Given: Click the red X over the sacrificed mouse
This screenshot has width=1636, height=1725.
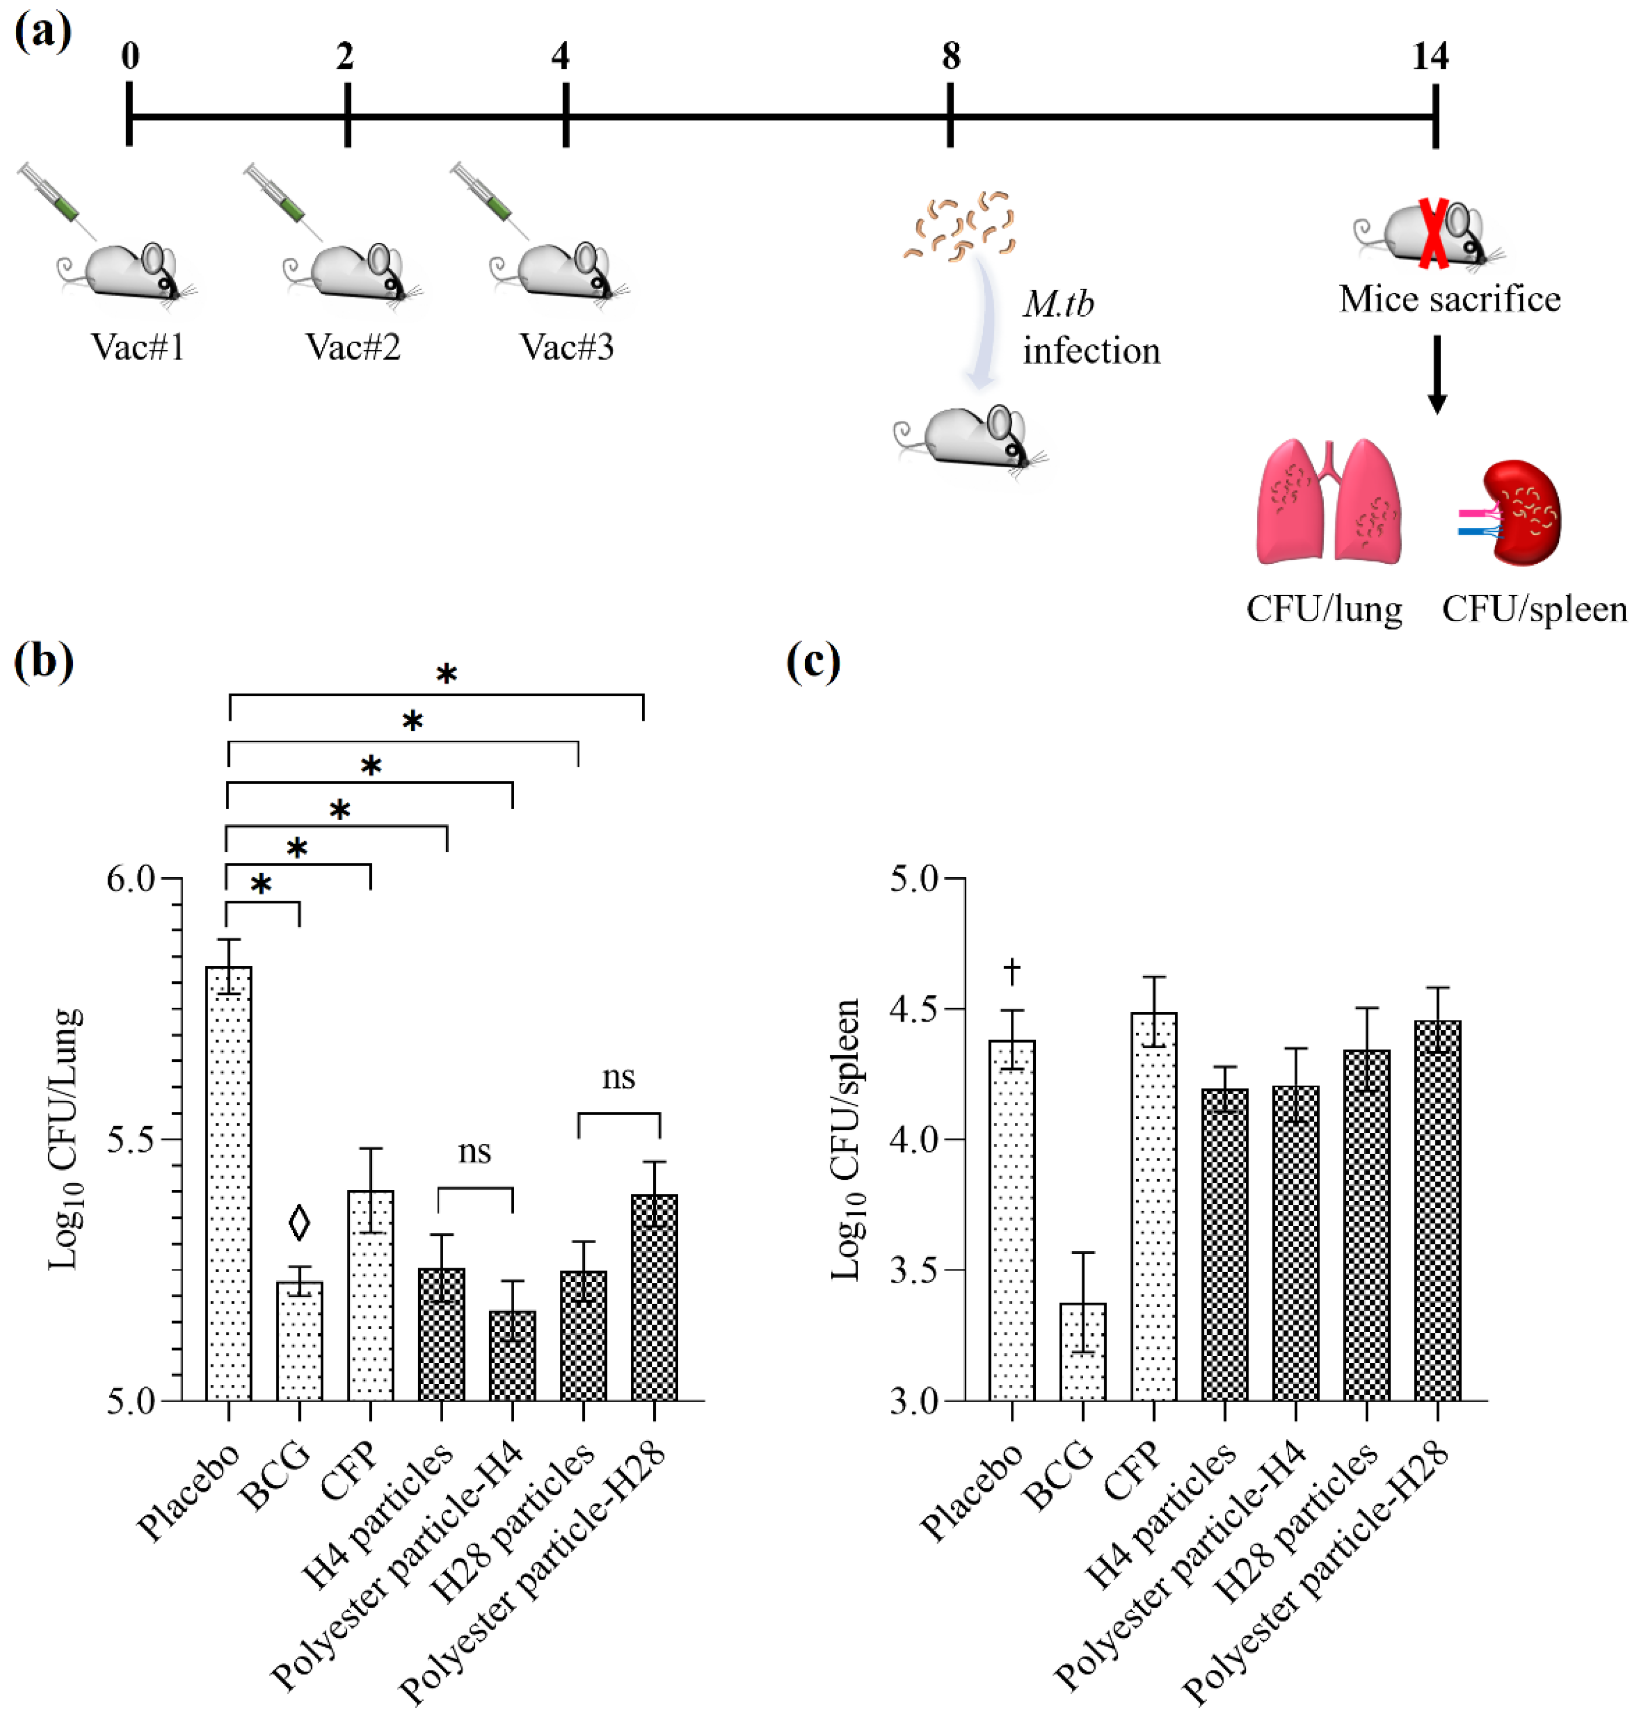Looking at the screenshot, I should pyautogui.click(x=1433, y=233).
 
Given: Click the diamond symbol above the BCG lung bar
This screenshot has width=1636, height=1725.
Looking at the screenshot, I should pyautogui.click(x=299, y=1223).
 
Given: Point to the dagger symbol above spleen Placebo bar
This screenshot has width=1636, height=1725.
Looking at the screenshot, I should pyautogui.click(x=1012, y=971).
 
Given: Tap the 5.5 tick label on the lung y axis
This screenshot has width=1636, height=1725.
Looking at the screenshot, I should pyautogui.click(x=131, y=1140).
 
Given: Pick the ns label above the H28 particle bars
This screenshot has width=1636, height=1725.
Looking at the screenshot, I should pyautogui.click(x=618, y=1078).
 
